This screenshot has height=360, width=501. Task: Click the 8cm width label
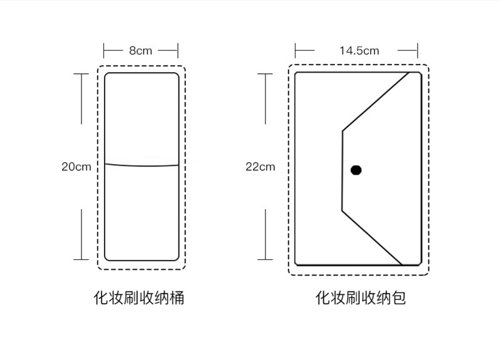(141, 51)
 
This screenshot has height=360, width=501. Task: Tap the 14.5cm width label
(359, 51)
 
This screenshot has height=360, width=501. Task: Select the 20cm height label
(76, 167)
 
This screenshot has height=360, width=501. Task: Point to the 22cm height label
(260, 167)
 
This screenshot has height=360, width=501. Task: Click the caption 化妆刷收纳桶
(139, 297)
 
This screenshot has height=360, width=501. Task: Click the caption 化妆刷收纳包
(360, 297)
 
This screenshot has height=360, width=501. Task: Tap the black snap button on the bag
(356, 170)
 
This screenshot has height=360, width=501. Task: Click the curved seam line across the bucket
(142, 165)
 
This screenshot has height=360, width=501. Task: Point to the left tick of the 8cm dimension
(104, 50)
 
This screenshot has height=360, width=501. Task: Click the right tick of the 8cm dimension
(178, 50)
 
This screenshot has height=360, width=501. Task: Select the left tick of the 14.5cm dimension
(296, 50)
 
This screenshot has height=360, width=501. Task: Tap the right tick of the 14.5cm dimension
(417, 50)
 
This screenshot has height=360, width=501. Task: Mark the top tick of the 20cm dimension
(81, 74)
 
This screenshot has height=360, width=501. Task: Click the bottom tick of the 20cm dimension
(81, 259)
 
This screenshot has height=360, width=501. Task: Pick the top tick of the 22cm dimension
(265, 74)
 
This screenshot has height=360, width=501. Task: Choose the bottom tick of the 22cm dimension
(265, 259)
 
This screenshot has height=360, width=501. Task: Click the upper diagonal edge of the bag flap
(376, 101)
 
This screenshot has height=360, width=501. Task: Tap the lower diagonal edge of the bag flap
(372, 237)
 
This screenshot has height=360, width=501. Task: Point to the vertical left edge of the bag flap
(342, 170)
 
